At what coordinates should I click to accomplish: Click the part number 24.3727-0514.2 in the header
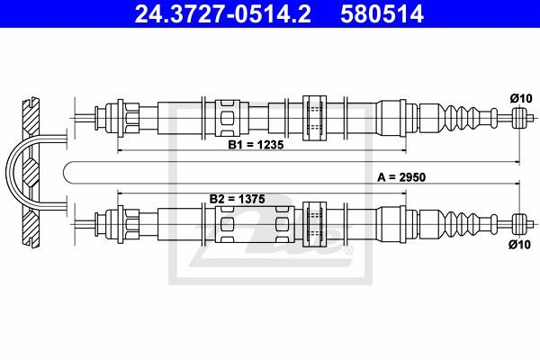click(223, 13)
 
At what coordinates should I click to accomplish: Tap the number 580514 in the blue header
click(382, 13)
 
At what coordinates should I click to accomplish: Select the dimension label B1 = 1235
click(256, 145)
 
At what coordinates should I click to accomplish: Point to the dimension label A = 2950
click(401, 177)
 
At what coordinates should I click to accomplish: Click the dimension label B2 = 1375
click(238, 199)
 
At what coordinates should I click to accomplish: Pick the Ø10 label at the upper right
click(521, 98)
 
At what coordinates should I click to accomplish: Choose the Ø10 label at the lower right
click(520, 245)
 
